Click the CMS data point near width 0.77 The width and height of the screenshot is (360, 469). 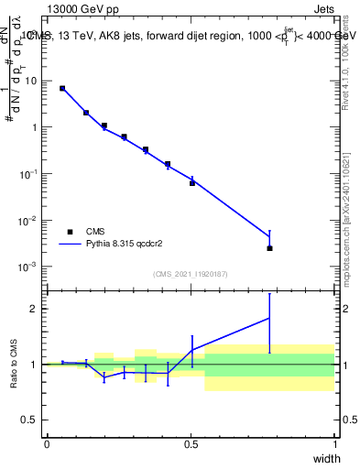269,248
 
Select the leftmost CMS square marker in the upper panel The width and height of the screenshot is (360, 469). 62,88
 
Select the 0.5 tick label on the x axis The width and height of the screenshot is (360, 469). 191,443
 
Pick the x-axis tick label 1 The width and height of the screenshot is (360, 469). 334,443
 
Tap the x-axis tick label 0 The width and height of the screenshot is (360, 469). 47,443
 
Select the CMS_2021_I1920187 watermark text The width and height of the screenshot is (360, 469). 191,273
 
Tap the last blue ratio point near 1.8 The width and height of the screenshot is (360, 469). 269,318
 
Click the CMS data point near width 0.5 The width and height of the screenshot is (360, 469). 192,183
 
